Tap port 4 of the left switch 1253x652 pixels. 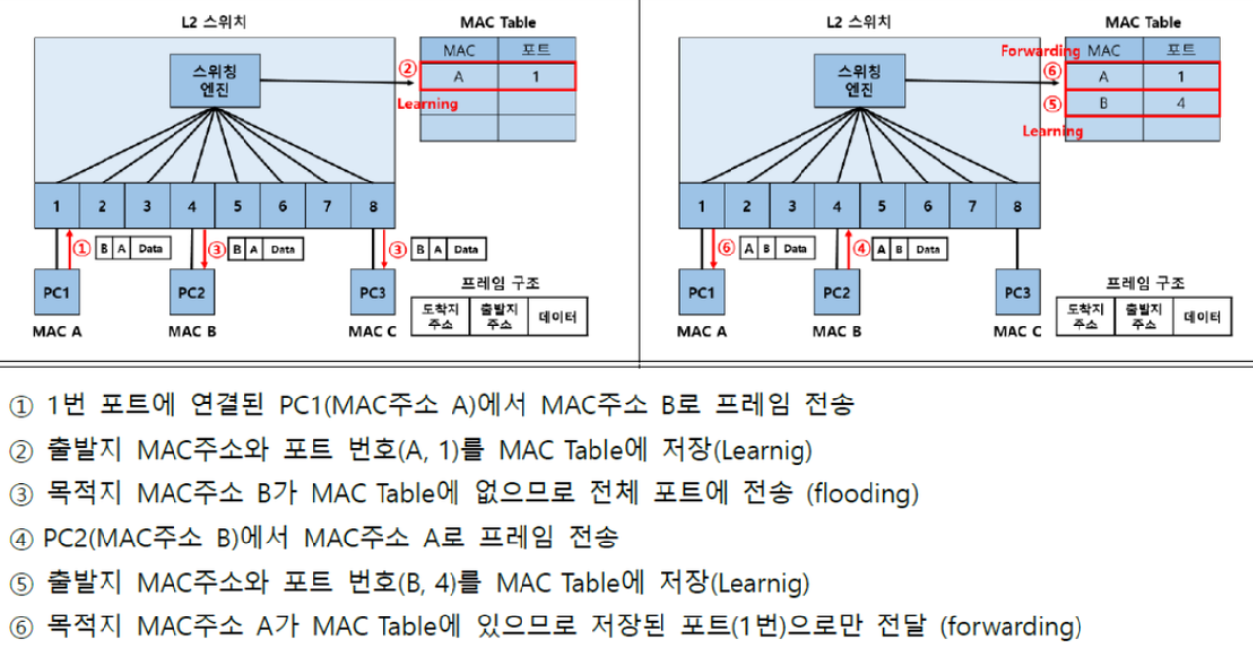[191, 207]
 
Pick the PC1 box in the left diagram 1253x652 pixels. [57, 293]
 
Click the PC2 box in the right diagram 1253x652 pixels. [836, 293]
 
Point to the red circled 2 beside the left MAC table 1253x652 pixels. [407, 69]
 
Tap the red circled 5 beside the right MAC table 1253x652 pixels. [1053, 104]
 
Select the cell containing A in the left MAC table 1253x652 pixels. [459, 76]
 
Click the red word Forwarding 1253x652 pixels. [1040, 50]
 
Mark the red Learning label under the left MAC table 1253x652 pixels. [427, 103]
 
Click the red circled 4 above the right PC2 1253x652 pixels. [860, 249]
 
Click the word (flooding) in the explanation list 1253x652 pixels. [863, 492]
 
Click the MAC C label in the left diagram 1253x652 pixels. [371, 331]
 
